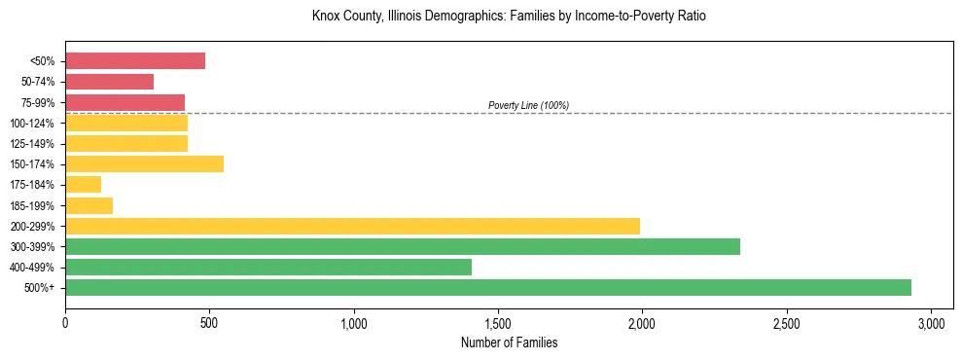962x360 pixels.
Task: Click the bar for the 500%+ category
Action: [x=487, y=287]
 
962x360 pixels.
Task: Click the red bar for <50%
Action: [x=135, y=61]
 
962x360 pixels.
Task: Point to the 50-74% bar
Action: [x=109, y=82]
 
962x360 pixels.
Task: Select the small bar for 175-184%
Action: [x=84, y=185]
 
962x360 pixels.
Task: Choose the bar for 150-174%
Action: [x=144, y=164]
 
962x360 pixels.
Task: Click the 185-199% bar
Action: [x=89, y=205]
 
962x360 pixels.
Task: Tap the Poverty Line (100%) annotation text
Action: [x=528, y=105]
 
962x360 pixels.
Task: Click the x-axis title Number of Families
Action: [x=509, y=342]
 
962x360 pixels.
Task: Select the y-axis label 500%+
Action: [x=40, y=288]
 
